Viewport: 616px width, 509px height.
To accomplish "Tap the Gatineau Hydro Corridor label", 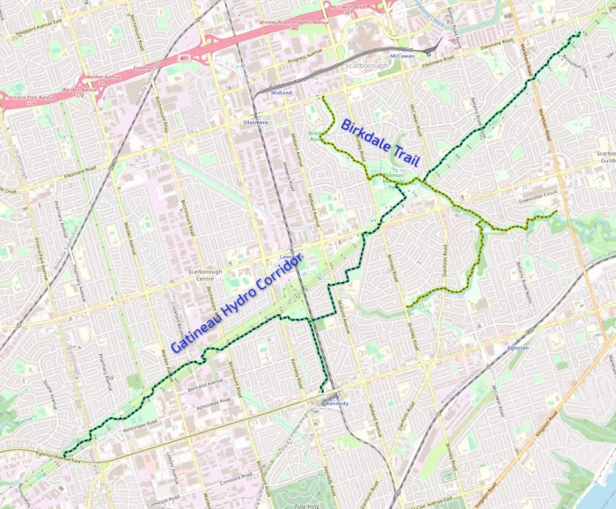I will pos(236,303).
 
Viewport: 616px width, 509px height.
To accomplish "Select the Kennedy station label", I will pos(336,403).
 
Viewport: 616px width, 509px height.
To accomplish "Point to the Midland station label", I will pos(282,92).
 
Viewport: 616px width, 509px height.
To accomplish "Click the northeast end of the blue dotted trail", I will pos(579,34).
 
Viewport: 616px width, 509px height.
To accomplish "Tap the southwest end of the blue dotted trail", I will pos(65,454).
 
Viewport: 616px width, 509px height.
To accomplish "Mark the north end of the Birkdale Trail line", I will pos(325,98).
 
